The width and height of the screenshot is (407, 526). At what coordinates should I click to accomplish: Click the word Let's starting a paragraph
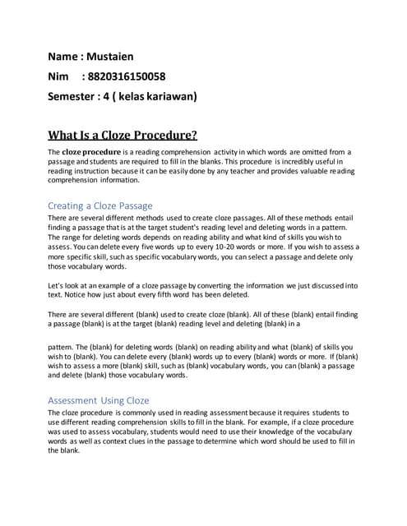tap(58, 284)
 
